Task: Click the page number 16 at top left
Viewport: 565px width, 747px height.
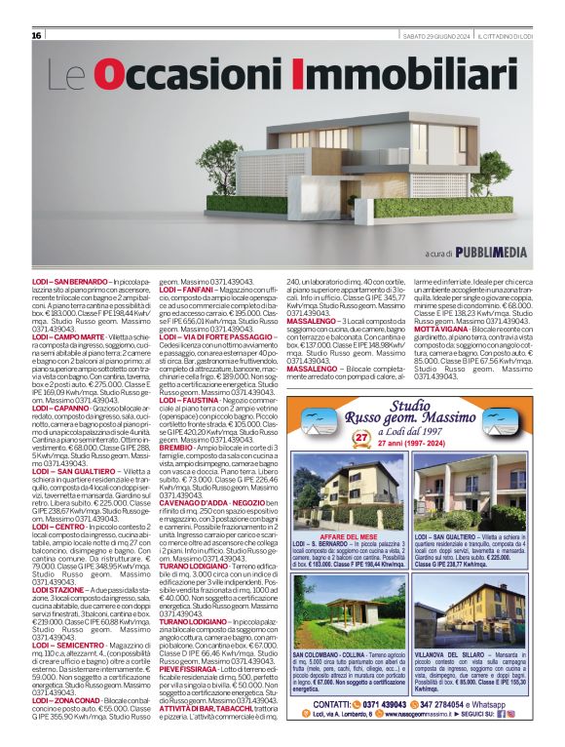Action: (37, 36)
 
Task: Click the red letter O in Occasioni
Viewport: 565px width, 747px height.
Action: (112, 75)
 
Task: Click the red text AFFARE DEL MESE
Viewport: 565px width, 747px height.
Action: (347, 536)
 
